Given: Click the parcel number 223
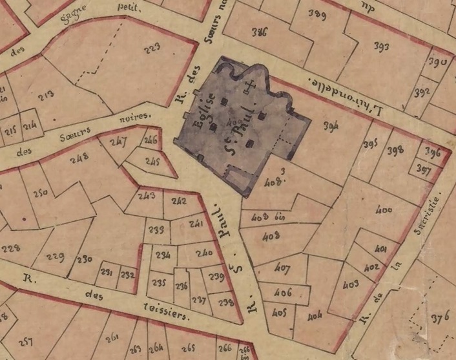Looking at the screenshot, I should tap(152, 49).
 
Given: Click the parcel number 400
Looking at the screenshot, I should tap(383, 210).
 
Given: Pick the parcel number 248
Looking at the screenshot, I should tap(79, 157).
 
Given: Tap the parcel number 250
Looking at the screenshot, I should tap(41, 193).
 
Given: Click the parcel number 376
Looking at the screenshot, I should tap(440, 317).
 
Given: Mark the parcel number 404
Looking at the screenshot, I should tap(315, 317).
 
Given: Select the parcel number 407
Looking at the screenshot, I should tap(282, 268).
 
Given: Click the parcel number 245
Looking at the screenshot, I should tap(152, 161).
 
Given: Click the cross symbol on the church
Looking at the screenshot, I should tap(253, 85).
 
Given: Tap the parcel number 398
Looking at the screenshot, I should tap(395, 151).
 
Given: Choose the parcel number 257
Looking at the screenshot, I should tap(26, 341).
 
